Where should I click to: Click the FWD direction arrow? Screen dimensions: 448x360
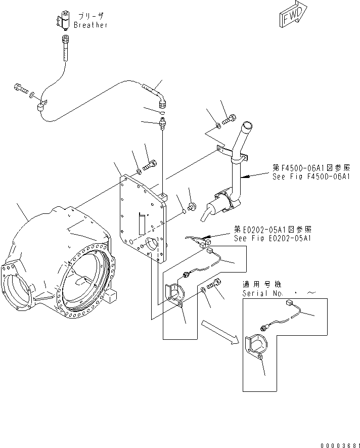click(292, 14)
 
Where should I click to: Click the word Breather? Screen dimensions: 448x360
click(91, 25)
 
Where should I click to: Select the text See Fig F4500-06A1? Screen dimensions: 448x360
click(311, 176)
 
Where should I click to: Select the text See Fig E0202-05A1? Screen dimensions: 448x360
click(272, 238)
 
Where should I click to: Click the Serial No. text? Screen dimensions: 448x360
click(263, 293)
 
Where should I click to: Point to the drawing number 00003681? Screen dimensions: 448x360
click(338, 444)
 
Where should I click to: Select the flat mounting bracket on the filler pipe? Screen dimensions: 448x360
click(231, 152)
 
